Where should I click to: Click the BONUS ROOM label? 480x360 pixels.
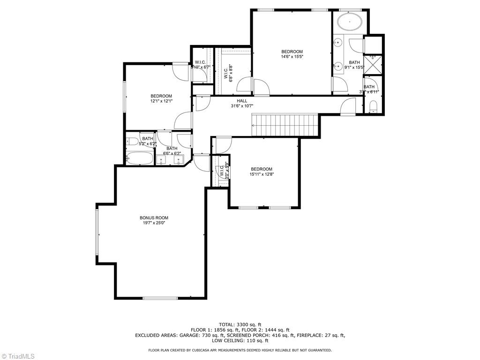click(154, 217)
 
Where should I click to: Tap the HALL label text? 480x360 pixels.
click(242, 101)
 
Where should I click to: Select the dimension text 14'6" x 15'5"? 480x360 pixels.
click(292, 57)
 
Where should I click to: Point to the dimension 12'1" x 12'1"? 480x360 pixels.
click(161, 101)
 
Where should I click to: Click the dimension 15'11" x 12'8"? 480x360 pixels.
click(261, 174)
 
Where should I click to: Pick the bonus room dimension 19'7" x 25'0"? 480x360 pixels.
click(154, 223)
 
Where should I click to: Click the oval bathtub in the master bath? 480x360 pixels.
click(350, 22)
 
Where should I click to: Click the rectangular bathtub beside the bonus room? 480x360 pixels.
click(140, 158)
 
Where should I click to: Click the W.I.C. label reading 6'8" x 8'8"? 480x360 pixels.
click(228, 73)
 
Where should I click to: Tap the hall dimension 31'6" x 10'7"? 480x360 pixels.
click(242, 106)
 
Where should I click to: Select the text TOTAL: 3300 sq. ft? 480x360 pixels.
click(240, 324)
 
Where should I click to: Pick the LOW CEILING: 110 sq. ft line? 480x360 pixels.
click(240, 341)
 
